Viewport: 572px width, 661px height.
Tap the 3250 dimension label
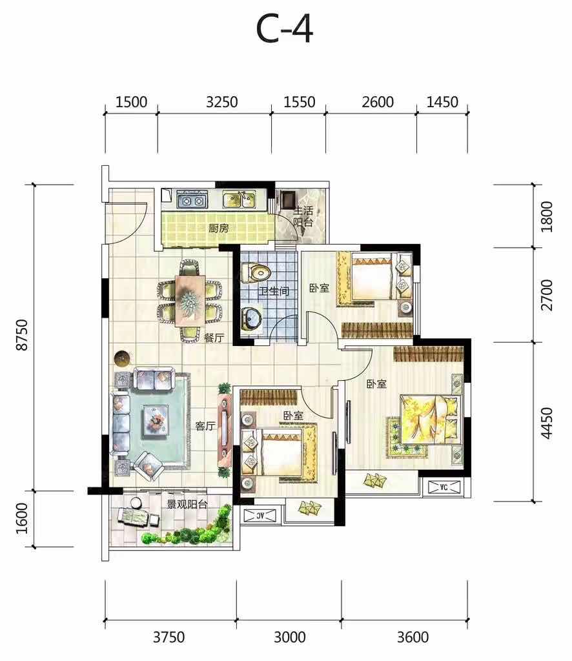(221, 102)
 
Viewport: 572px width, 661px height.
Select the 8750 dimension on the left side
(21, 335)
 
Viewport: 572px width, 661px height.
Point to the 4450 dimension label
(546, 423)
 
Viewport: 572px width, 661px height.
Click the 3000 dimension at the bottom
(290, 636)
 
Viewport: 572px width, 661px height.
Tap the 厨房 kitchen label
(219, 228)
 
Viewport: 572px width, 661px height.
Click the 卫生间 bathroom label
(274, 291)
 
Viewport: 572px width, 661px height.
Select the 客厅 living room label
(205, 426)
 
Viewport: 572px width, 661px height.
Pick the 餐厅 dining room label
(214, 338)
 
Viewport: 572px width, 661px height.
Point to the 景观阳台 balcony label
(187, 504)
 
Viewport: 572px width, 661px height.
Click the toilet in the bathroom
(255, 272)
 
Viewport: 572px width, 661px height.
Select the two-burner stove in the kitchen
(192, 200)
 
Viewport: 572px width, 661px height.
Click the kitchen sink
(239, 200)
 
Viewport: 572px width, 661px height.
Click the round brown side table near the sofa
(122, 358)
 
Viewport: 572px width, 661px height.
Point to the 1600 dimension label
(21, 518)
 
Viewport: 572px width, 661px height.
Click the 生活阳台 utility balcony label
(303, 216)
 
